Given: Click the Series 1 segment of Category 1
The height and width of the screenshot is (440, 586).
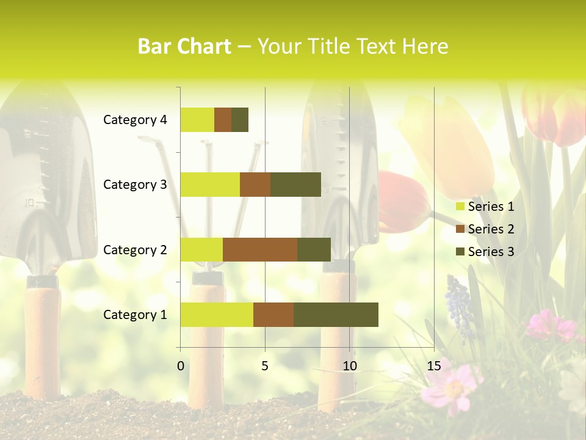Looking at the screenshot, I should click(217, 314).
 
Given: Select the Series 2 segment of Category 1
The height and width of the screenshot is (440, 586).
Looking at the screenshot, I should click(273, 314).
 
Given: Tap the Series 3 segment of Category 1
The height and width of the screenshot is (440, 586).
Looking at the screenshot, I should click(336, 314).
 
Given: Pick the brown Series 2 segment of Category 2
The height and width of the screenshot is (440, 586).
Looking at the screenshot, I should click(260, 249).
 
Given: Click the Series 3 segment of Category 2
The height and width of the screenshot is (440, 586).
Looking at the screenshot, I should click(314, 249).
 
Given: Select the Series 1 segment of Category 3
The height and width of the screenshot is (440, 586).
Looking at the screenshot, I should click(210, 184).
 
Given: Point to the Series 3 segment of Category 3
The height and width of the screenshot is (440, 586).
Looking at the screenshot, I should click(295, 184).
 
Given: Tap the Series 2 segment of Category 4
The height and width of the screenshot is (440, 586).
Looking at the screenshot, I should click(223, 120).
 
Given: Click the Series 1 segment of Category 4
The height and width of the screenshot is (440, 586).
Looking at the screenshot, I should click(197, 120).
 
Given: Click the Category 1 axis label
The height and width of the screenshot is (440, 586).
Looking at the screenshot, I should click(134, 315).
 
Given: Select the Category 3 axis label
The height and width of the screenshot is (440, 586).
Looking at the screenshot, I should click(134, 185).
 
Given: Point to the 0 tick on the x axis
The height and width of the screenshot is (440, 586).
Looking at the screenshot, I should click(180, 366).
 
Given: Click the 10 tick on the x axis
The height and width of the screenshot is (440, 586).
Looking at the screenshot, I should click(349, 366).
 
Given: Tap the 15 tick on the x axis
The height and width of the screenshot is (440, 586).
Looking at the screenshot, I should click(433, 366).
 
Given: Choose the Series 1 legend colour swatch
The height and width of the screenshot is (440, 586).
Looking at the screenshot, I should click(460, 207).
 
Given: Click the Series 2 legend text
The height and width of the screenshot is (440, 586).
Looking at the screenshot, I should click(491, 229).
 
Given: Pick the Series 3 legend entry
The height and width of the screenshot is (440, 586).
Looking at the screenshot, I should click(485, 252).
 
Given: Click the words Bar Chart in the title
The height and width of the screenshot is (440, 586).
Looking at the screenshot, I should click(184, 46).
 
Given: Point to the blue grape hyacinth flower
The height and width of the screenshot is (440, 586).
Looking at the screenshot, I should click(460, 306).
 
